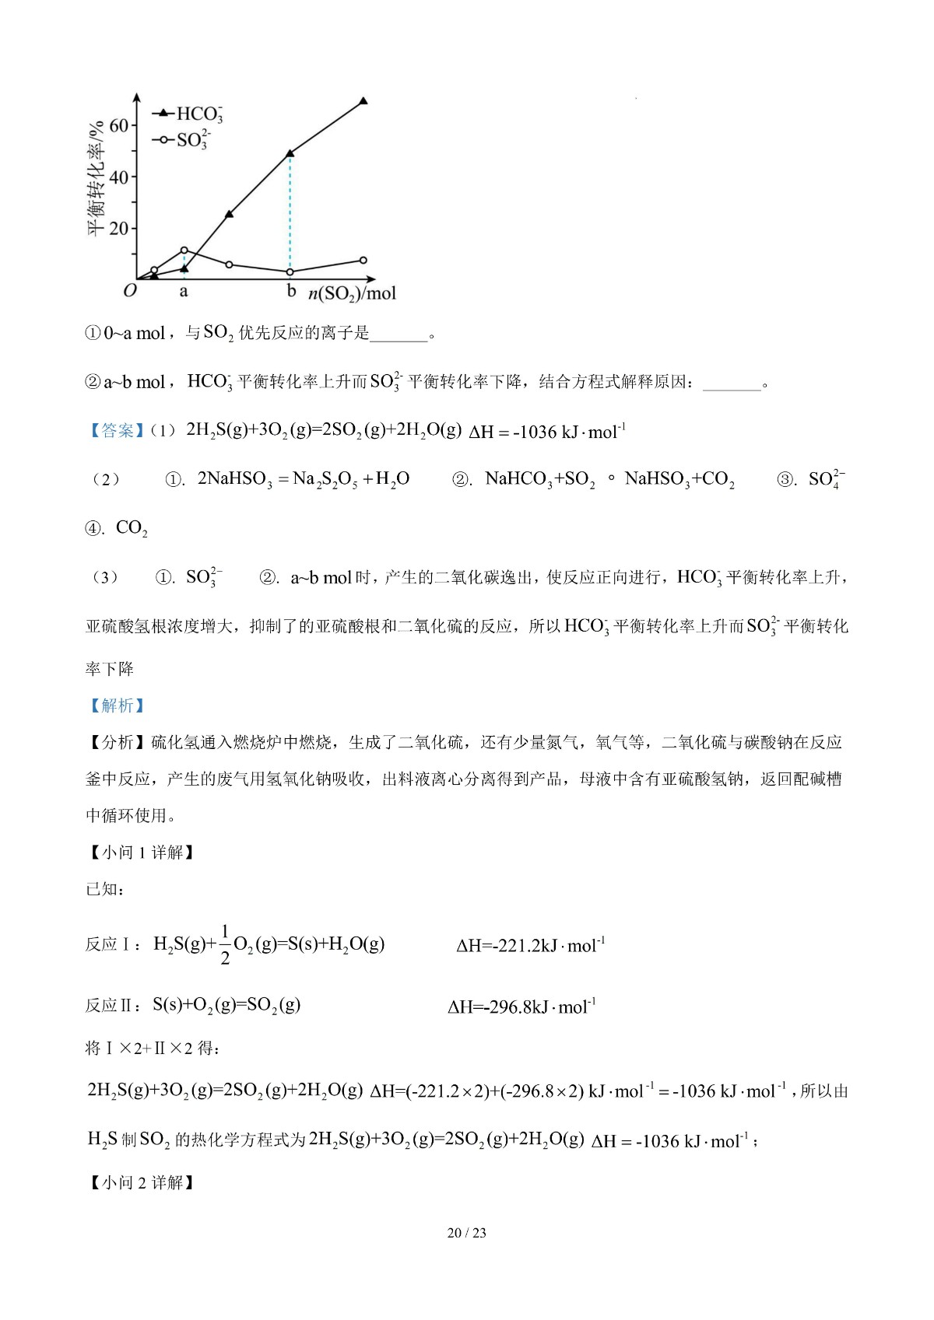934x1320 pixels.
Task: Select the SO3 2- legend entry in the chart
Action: pos(184,140)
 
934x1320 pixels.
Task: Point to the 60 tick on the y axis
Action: pos(118,125)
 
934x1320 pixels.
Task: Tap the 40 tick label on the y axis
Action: pos(118,177)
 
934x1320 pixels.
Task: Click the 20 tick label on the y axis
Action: pos(118,228)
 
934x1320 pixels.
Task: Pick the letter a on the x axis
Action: pos(184,292)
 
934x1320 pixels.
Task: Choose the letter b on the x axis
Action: pos(291,291)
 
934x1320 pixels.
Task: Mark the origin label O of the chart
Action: pos(130,291)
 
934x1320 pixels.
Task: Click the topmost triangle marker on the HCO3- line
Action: pos(363,101)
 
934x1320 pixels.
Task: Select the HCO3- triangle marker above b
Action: pos(290,153)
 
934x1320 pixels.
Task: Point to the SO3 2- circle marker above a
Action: pos(184,250)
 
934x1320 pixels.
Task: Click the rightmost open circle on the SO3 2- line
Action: pos(363,261)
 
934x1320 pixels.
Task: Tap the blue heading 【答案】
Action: pos(114,431)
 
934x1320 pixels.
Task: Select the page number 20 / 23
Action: pos(467,1233)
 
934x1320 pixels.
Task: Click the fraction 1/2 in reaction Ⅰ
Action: pos(225,944)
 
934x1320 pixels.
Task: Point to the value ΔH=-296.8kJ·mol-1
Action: pos(521,1007)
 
